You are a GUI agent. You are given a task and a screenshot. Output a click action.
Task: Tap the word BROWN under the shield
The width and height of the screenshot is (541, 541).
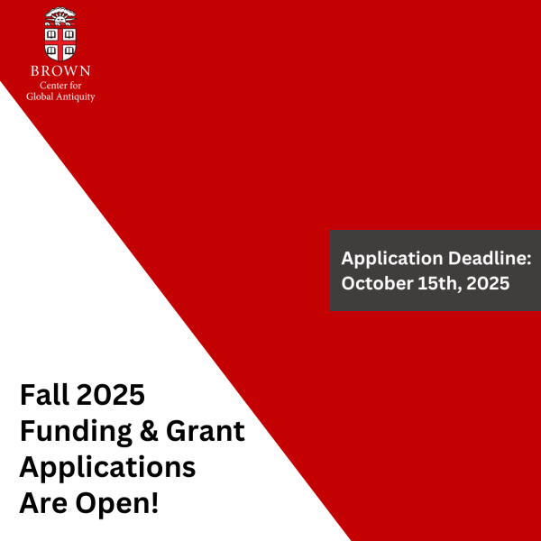61,70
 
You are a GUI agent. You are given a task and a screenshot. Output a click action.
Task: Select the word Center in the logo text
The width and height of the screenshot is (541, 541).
51,84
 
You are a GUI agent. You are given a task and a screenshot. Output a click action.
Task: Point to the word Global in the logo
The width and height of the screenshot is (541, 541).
43,96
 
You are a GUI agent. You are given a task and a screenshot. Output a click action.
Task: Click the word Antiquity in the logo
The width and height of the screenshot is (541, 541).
77,96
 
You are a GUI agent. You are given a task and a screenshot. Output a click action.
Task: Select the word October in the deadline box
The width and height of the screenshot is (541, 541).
374,282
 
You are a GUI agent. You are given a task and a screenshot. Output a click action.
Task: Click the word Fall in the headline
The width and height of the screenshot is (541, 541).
44,395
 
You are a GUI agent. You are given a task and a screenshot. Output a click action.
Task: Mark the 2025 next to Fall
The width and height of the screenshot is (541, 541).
111,395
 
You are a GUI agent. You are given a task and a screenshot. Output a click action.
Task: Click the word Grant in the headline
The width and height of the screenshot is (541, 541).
205,431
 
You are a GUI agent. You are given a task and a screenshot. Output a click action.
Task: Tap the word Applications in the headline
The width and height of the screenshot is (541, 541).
107,468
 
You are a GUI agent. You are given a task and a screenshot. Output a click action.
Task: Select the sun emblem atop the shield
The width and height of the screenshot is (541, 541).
61,14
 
